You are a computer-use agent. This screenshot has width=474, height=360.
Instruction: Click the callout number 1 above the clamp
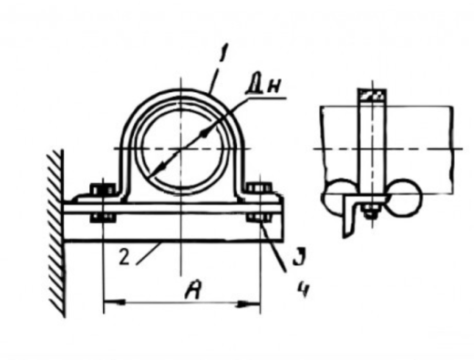coord(222,54)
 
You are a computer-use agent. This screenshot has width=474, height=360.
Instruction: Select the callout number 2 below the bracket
coord(124,258)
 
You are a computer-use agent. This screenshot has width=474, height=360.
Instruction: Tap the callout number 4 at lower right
coord(304,290)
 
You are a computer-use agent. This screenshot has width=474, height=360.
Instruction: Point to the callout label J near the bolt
coord(300,257)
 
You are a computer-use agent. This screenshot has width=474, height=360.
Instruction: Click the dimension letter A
coord(193,290)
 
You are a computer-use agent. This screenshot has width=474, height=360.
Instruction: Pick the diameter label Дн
coord(263,87)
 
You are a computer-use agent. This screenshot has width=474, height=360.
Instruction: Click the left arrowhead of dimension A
coord(114,303)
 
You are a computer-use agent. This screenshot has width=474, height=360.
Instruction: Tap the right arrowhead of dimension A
coord(250,303)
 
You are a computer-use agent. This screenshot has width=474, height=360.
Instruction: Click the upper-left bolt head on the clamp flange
coord(103,189)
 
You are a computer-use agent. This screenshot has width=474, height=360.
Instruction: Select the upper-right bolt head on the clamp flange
coord(259,188)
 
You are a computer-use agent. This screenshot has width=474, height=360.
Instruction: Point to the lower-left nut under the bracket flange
coord(103,218)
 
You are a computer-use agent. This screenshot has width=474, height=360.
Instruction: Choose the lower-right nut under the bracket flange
coord(259,217)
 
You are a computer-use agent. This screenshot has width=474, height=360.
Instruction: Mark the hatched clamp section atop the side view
coord(372,94)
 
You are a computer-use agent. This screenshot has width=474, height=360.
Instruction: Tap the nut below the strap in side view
coord(370,211)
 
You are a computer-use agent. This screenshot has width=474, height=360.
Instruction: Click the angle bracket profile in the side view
coord(349,212)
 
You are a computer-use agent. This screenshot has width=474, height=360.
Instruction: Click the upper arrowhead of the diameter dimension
coord(205,133)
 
